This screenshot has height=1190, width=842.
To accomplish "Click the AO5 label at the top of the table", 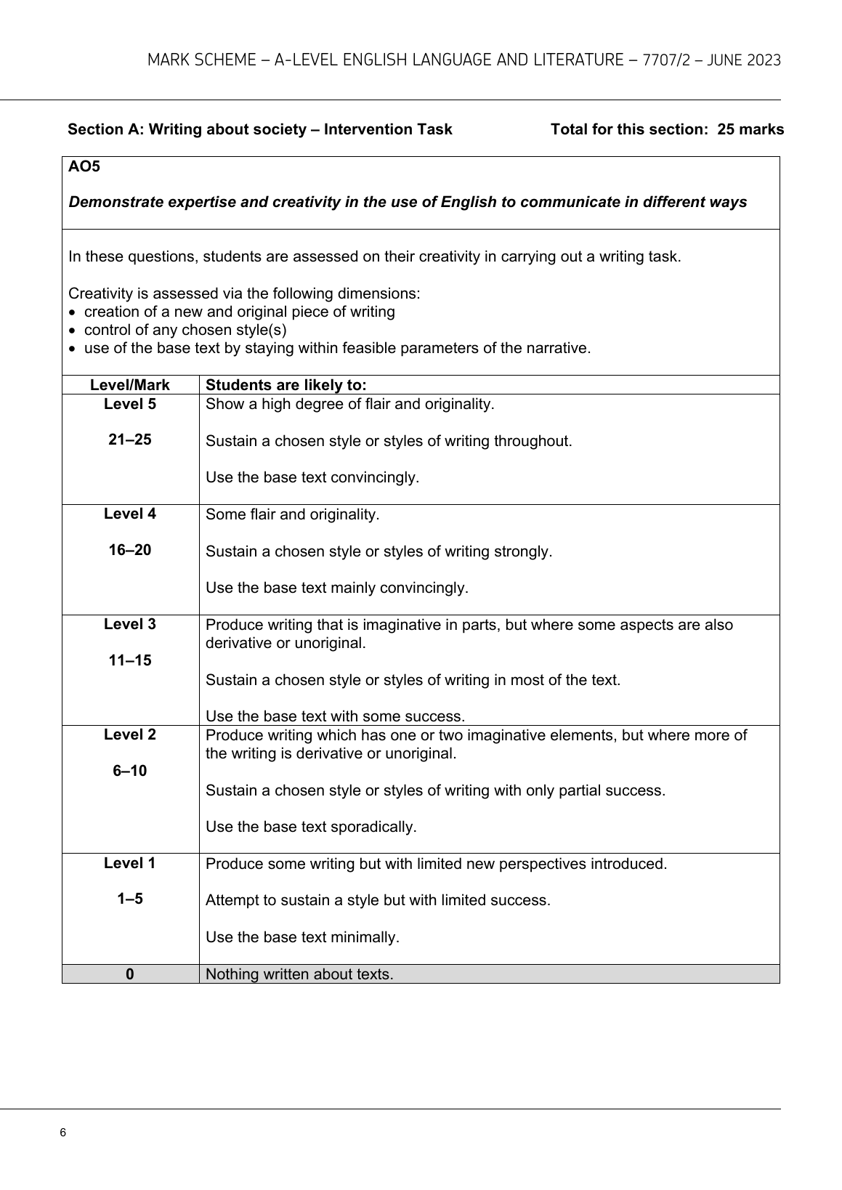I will (84, 167).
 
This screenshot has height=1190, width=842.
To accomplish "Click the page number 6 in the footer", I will (63, 1133).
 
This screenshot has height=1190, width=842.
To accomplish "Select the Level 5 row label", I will (130, 404).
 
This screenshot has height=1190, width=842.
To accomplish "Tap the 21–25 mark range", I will (130, 440).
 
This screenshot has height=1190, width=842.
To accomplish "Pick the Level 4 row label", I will (130, 514).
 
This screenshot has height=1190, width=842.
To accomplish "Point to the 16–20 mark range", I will (130, 550).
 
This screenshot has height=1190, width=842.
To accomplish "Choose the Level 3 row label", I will (130, 624).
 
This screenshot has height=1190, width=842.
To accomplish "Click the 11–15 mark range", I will (130, 660).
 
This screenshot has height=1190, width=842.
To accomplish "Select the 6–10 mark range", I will (130, 771).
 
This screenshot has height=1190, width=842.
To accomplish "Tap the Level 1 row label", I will (130, 863).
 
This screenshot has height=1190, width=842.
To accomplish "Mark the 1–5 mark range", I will (130, 899).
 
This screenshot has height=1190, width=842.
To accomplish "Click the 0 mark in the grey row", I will (130, 974).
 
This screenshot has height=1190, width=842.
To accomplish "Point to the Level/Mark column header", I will (130, 385).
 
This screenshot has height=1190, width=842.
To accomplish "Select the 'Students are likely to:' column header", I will (286, 385).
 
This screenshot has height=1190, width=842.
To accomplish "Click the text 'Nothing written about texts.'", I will (299, 974).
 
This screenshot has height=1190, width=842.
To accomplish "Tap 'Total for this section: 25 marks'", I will (667, 129).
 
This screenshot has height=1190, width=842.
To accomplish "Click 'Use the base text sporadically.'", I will (311, 827).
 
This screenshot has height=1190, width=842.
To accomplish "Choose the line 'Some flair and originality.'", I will (292, 514).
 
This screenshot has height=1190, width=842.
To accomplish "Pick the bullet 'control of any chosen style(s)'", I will (185, 330).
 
